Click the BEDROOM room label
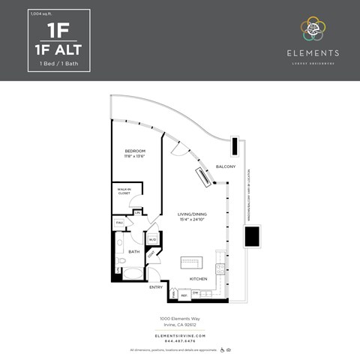[x=135, y=151]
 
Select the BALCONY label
[x=225, y=166]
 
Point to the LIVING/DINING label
[x=192, y=214]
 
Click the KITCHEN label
[x=198, y=277]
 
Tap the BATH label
[x=134, y=252]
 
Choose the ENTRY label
[x=156, y=287]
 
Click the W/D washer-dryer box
[x=152, y=239]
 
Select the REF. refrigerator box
[x=184, y=295]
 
